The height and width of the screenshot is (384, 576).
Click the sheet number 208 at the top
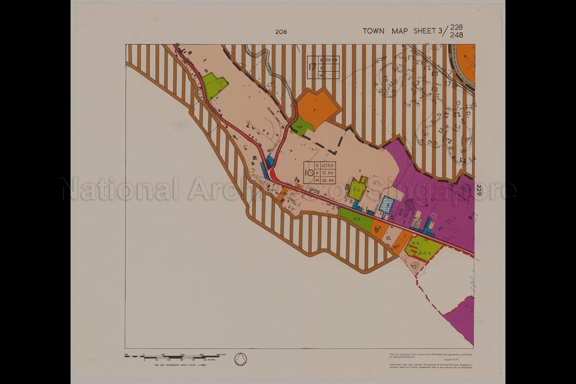click(281, 32)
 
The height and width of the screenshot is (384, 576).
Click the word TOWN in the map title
click(373, 31)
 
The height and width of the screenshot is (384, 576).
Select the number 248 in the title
click(457, 35)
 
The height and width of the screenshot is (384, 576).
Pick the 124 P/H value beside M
click(327, 180)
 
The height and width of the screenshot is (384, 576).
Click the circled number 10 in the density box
click(309, 173)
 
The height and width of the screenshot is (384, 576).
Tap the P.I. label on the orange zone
click(315, 111)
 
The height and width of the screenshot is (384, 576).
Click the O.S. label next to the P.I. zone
click(300, 127)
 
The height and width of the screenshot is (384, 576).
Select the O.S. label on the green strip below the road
click(356, 219)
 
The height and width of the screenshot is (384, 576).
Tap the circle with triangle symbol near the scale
click(240, 359)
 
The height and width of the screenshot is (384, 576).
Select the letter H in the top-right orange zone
click(465, 56)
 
